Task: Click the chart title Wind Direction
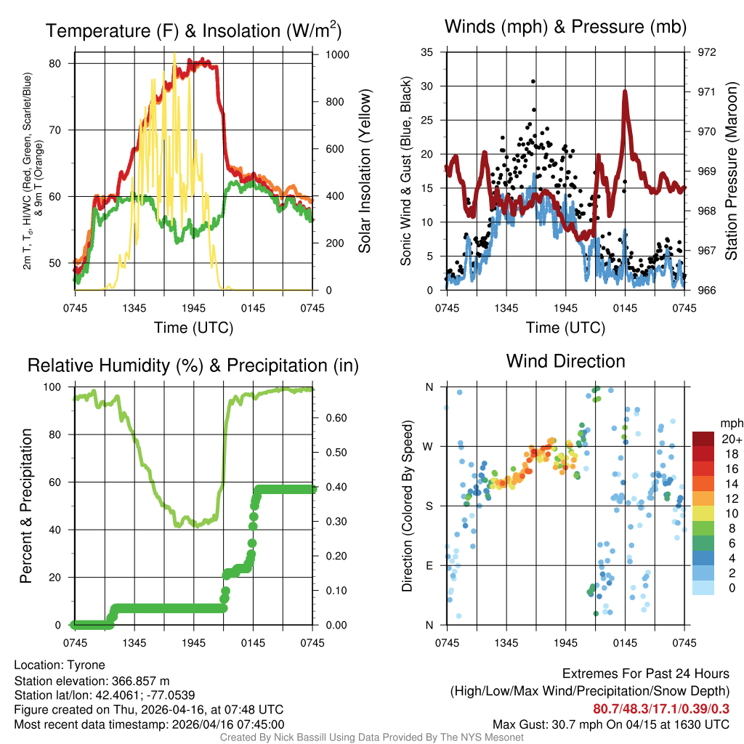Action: (565, 361)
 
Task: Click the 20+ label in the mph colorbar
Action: (731, 439)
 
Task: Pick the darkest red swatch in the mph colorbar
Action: (703, 439)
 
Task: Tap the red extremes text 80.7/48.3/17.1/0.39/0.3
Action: (661, 709)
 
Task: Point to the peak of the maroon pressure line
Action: (624, 92)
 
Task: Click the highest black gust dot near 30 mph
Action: (533, 81)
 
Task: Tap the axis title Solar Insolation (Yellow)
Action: (364, 171)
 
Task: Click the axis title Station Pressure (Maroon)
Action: (732, 171)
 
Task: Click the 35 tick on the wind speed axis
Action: (429, 52)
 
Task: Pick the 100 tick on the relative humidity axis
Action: (61, 387)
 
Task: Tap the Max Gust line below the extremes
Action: (610, 724)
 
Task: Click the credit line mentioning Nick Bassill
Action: (371, 737)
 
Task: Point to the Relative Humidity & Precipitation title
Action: (193, 365)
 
